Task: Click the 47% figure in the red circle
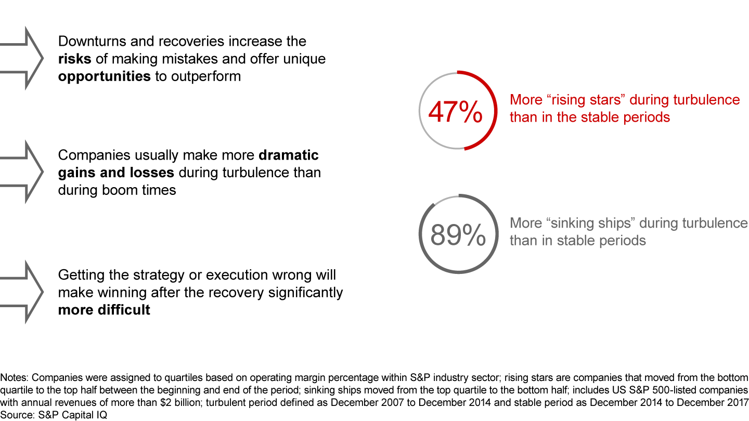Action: pos(455,111)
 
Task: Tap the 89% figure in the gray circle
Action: pos(458,235)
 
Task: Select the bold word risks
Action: pos(74,59)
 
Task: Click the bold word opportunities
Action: pos(105,76)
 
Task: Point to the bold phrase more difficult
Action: pos(104,310)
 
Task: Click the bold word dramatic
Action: pos(288,155)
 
